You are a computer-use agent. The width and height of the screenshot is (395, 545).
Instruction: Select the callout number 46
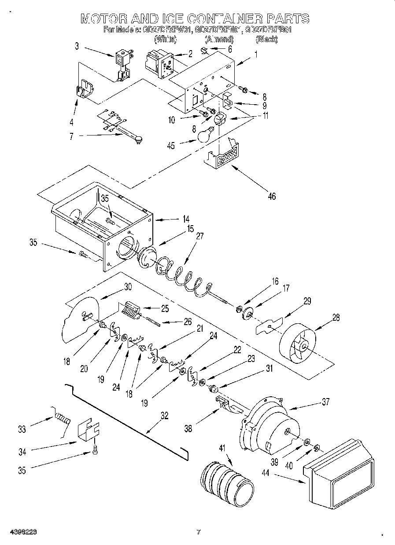tap(272, 196)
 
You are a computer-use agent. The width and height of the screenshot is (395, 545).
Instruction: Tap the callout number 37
tap(325, 402)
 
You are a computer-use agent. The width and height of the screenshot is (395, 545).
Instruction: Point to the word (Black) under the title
tap(266, 40)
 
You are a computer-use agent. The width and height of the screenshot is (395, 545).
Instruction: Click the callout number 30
tap(128, 286)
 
